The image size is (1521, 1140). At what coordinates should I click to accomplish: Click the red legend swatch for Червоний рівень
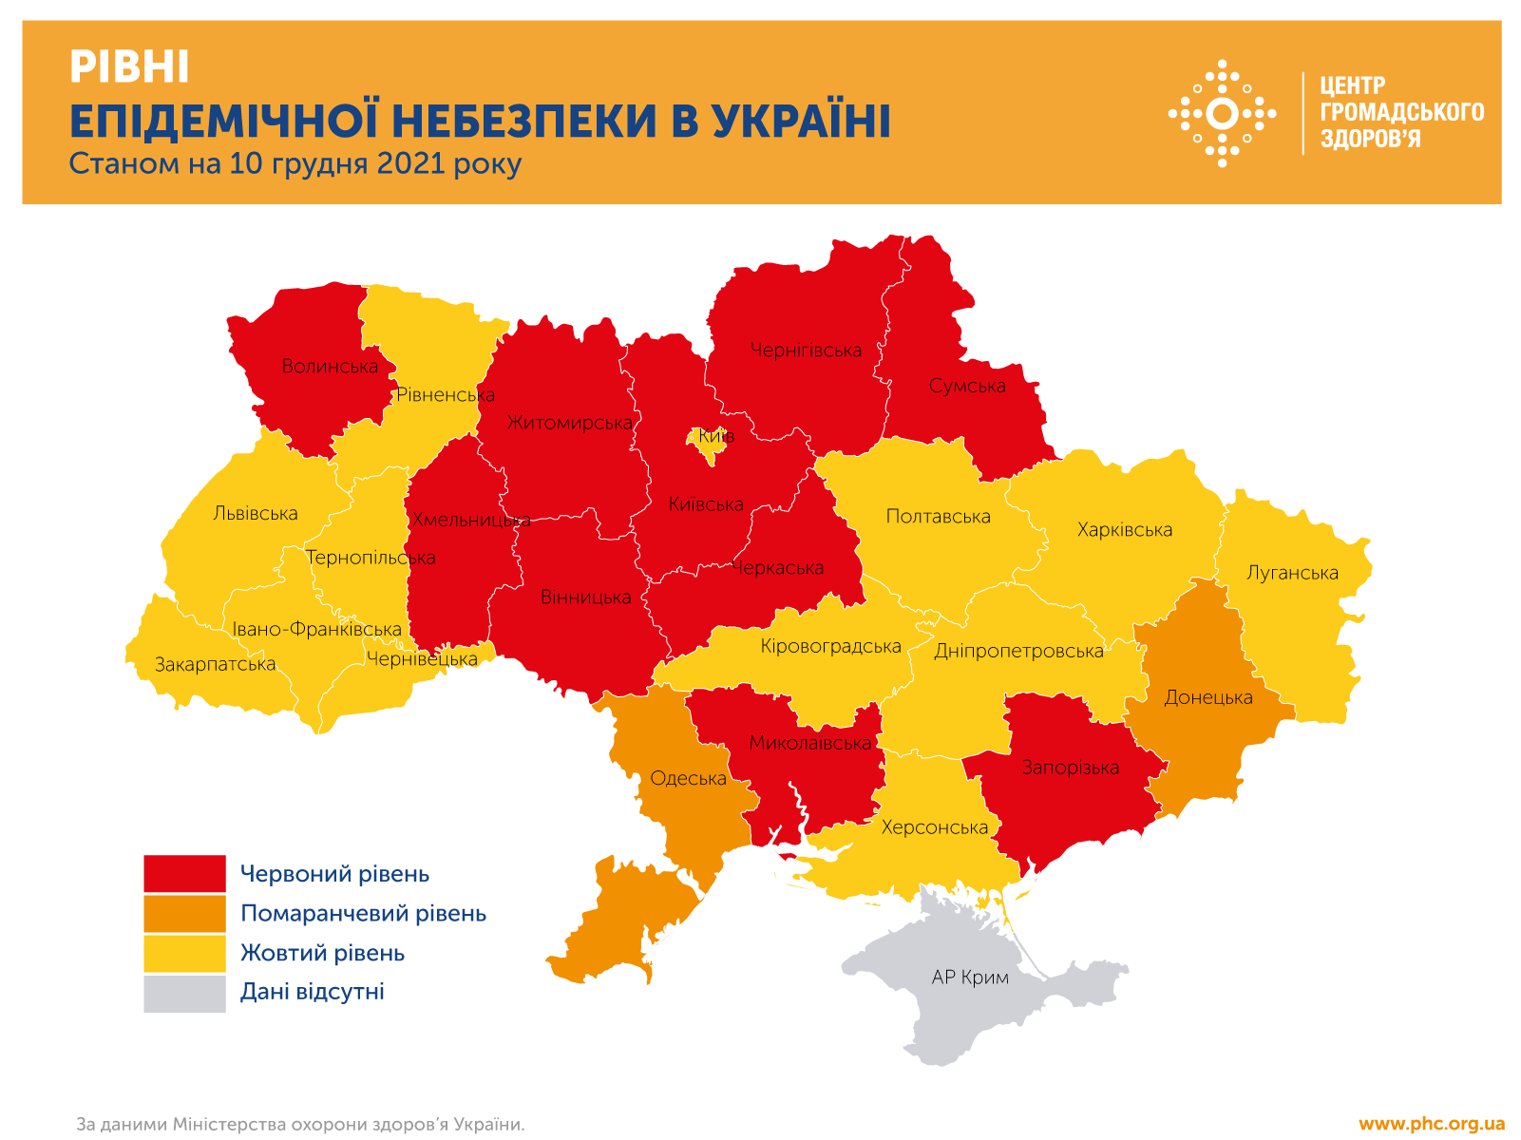click(184, 873)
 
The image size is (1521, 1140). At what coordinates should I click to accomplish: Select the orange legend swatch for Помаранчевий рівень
click(184, 913)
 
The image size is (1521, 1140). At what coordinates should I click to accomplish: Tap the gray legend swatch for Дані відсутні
click(184, 993)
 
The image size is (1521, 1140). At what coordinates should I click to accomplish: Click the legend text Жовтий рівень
click(322, 953)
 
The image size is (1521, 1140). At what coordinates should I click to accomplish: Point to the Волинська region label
click(330, 367)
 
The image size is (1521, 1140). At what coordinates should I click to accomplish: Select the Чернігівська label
click(806, 351)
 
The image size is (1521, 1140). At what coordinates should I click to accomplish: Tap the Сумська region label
click(967, 386)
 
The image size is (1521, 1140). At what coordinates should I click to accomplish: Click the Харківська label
click(1124, 530)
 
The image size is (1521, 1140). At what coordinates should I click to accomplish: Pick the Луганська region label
click(1292, 573)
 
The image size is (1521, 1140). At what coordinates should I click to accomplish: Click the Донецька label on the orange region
click(1208, 697)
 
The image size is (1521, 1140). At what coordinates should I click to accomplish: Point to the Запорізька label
click(1070, 768)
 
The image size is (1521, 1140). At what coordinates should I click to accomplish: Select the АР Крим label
click(970, 978)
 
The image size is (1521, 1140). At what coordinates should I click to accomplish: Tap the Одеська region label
click(688, 779)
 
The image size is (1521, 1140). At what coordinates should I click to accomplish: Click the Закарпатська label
click(216, 665)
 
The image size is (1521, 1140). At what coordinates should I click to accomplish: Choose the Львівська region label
click(255, 514)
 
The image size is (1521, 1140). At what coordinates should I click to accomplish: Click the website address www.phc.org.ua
click(1431, 1124)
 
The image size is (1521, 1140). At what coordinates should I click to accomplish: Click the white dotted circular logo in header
click(1222, 113)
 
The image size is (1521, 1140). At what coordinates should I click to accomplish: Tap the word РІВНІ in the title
click(129, 67)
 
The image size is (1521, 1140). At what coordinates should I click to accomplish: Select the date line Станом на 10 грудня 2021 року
click(295, 163)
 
